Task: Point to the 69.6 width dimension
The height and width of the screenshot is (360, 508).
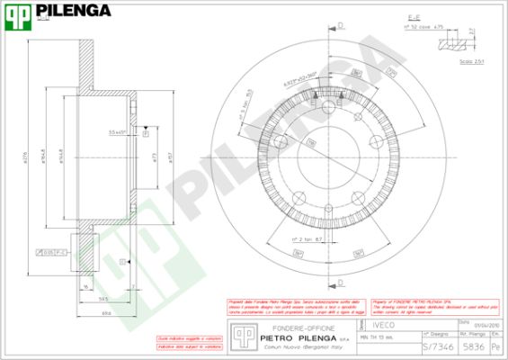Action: (105, 311)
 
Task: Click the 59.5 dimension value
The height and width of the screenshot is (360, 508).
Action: (104, 300)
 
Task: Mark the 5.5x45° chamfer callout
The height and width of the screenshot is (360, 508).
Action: (118, 133)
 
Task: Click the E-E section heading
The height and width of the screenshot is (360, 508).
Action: (438, 16)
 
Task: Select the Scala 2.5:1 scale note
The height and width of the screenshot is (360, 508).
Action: (472, 62)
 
